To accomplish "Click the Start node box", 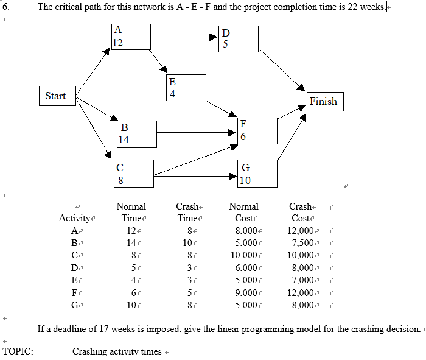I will [55, 96].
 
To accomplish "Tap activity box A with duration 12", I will [131, 37].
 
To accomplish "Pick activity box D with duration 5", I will [239, 38].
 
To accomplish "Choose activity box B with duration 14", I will [137, 134].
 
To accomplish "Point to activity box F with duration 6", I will [257, 130].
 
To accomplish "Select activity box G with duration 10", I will [257, 174].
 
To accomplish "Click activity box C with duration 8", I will [133, 173].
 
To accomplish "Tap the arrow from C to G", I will [195, 177].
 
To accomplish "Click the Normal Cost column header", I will [243, 212].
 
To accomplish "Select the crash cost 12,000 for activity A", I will [302, 230].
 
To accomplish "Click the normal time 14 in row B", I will [130, 242].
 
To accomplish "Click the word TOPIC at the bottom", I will [18, 351].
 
